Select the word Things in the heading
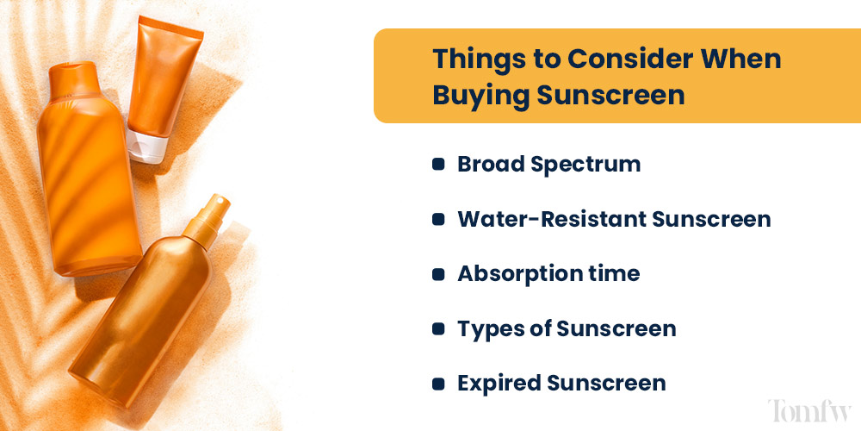[472, 59]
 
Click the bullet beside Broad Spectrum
[438, 165]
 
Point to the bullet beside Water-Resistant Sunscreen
[438, 220]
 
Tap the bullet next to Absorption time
[438, 275]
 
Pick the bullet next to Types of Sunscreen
[438, 329]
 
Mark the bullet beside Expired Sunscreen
[438, 384]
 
